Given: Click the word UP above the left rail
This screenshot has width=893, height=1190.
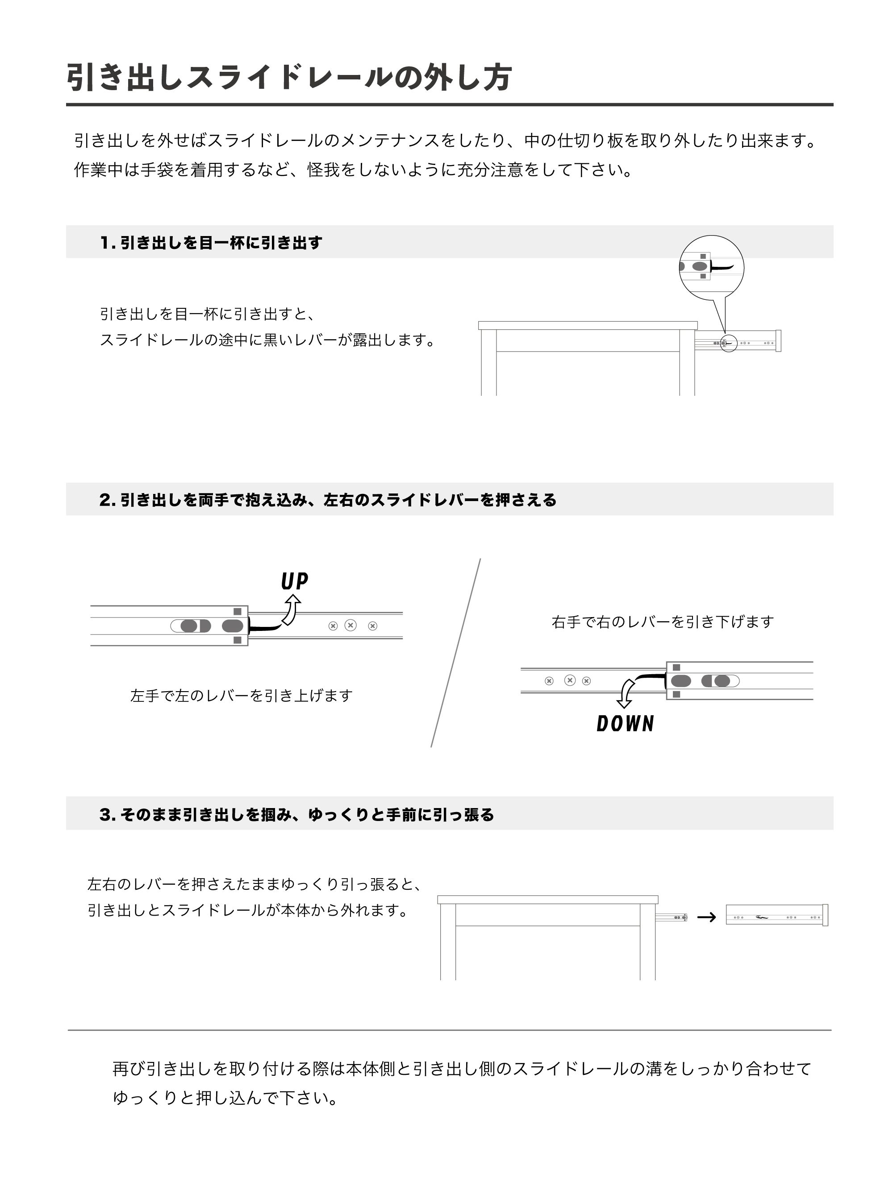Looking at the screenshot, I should [294, 581].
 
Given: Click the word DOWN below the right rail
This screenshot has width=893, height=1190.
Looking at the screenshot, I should [625, 724].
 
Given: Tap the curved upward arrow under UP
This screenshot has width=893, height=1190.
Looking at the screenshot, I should [292, 610].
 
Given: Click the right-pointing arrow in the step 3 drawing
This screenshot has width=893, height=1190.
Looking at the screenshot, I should [706, 917].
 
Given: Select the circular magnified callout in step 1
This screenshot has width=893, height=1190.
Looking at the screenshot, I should [711, 267].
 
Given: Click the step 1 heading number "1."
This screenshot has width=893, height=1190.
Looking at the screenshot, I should [108, 243].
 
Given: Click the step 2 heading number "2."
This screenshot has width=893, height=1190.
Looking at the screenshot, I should [108, 500].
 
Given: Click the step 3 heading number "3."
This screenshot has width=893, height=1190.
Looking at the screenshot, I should [108, 814].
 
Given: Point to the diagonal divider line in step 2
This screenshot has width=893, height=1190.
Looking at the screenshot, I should [455, 653].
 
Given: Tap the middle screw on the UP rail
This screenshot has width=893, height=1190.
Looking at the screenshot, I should [351, 625].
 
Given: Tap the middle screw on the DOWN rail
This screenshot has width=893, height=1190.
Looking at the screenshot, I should [569, 680].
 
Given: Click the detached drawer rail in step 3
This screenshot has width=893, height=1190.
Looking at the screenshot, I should [776, 915].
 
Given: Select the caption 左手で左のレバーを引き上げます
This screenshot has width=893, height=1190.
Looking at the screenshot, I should [241, 696].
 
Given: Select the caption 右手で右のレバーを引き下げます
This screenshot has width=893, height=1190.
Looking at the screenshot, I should [662, 622].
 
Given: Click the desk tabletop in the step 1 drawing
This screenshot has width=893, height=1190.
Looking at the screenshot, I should [587, 325].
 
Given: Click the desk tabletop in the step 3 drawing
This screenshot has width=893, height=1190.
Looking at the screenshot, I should [547, 900].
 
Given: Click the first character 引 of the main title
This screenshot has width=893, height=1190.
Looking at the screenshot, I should [81, 78].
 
